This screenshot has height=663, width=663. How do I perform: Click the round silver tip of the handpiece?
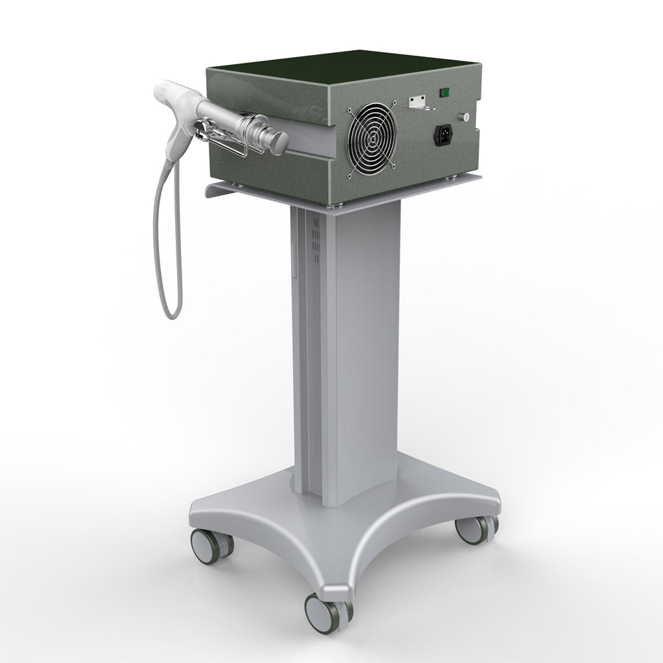(279, 141)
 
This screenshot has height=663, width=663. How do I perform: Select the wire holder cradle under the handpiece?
(225, 143)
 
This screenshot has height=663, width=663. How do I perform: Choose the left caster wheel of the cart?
(211, 544)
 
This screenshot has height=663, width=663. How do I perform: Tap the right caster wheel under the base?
(475, 529)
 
